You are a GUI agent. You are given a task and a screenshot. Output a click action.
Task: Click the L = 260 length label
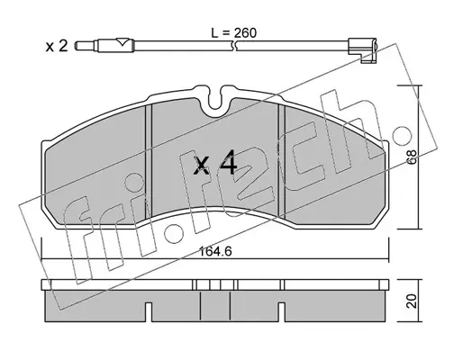tap(234, 32)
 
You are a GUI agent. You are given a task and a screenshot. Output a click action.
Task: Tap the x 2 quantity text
tap(57, 46)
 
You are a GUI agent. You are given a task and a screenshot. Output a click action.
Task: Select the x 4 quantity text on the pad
tap(215, 163)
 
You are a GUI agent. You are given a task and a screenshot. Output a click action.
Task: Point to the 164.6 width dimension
tap(215, 251)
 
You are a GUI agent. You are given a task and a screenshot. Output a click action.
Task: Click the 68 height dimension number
tap(413, 157)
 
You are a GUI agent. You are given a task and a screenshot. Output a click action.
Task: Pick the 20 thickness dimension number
tap(413, 301)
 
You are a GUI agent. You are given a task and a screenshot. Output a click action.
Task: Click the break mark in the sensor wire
tap(234, 46)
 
